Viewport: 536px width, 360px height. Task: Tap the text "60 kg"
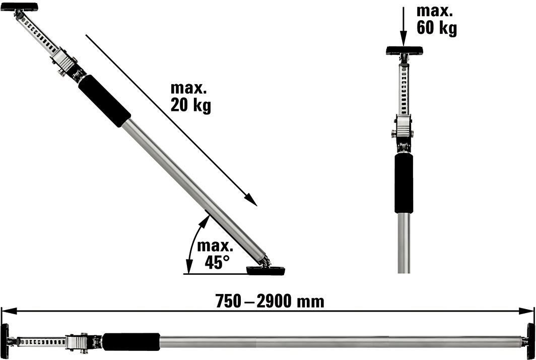(437, 28)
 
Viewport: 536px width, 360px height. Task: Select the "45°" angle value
(217, 262)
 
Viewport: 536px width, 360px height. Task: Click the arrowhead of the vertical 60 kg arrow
(404, 39)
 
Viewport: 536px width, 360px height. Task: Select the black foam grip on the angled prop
(104, 101)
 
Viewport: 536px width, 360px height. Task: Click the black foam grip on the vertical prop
(404, 184)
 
